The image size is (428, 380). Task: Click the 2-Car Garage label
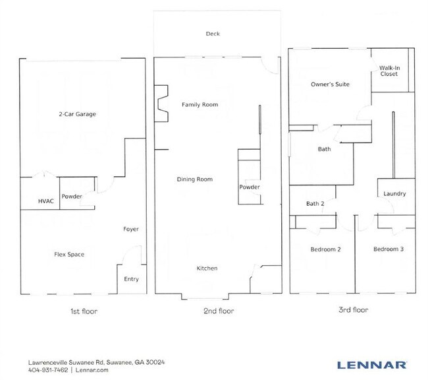point(76,114)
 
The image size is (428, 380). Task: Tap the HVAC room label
point(46,201)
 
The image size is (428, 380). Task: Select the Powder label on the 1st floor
point(72,197)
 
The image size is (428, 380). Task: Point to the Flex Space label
point(68,254)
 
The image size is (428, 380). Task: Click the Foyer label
point(130,229)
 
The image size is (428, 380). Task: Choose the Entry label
point(131,279)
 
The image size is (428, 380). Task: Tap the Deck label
point(212,34)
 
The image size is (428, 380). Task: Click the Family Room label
point(200,105)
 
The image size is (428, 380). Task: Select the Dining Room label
point(194,179)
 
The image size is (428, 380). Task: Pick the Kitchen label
point(207,269)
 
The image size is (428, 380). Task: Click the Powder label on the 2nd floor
point(250,187)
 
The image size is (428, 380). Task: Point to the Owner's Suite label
point(329,84)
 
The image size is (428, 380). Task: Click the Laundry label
point(394,194)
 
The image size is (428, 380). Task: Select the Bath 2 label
point(315,204)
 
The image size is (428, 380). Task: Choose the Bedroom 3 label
point(387,249)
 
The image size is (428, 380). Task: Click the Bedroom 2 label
point(325,249)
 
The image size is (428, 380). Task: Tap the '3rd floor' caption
point(354,310)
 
